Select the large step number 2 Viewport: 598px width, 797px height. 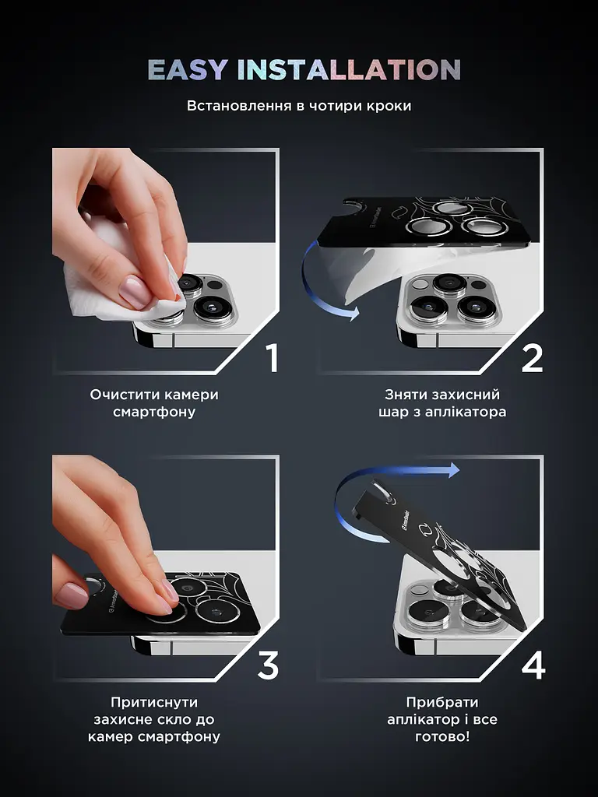[x=533, y=358]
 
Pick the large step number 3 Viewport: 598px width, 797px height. [x=268, y=665]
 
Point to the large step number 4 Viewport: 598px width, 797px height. [x=533, y=665]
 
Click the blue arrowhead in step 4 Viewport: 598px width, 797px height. [x=452, y=470]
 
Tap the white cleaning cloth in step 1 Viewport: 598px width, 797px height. [x=122, y=285]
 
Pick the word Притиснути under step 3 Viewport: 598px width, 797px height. [x=154, y=703]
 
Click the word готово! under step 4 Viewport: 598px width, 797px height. [x=442, y=736]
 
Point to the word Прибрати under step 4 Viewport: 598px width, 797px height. [x=442, y=703]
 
